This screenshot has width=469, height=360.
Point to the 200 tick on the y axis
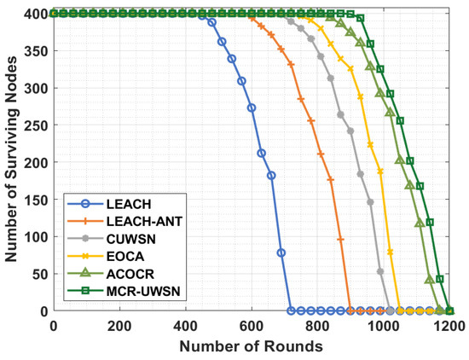tap(35, 162)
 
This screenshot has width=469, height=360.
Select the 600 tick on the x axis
tap(252, 327)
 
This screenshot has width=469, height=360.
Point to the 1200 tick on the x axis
tap(449, 327)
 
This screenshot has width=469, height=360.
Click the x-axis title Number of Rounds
tap(252, 346)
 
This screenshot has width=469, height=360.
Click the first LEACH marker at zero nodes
tap(291, 311)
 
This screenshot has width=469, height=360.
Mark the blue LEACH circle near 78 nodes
tap(281, 253)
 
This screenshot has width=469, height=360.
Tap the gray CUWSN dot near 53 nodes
tap(380, 271)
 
